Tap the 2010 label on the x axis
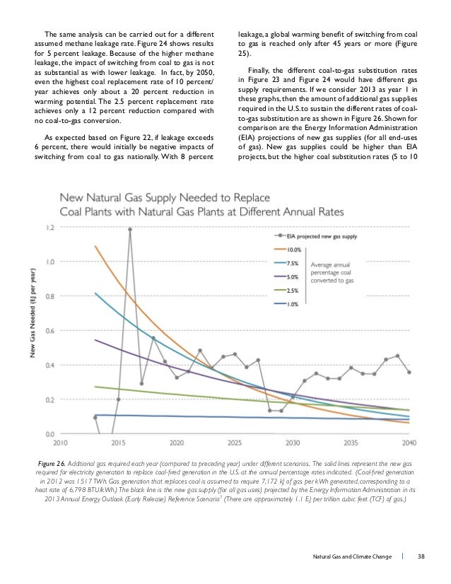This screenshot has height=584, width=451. point(60,444)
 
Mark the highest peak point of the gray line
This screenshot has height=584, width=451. point(130,229)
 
